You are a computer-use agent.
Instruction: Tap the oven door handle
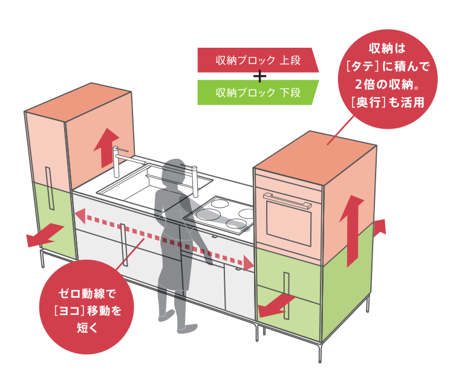click(x=287, y=200)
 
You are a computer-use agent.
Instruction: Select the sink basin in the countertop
click(x=154, y=184)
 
